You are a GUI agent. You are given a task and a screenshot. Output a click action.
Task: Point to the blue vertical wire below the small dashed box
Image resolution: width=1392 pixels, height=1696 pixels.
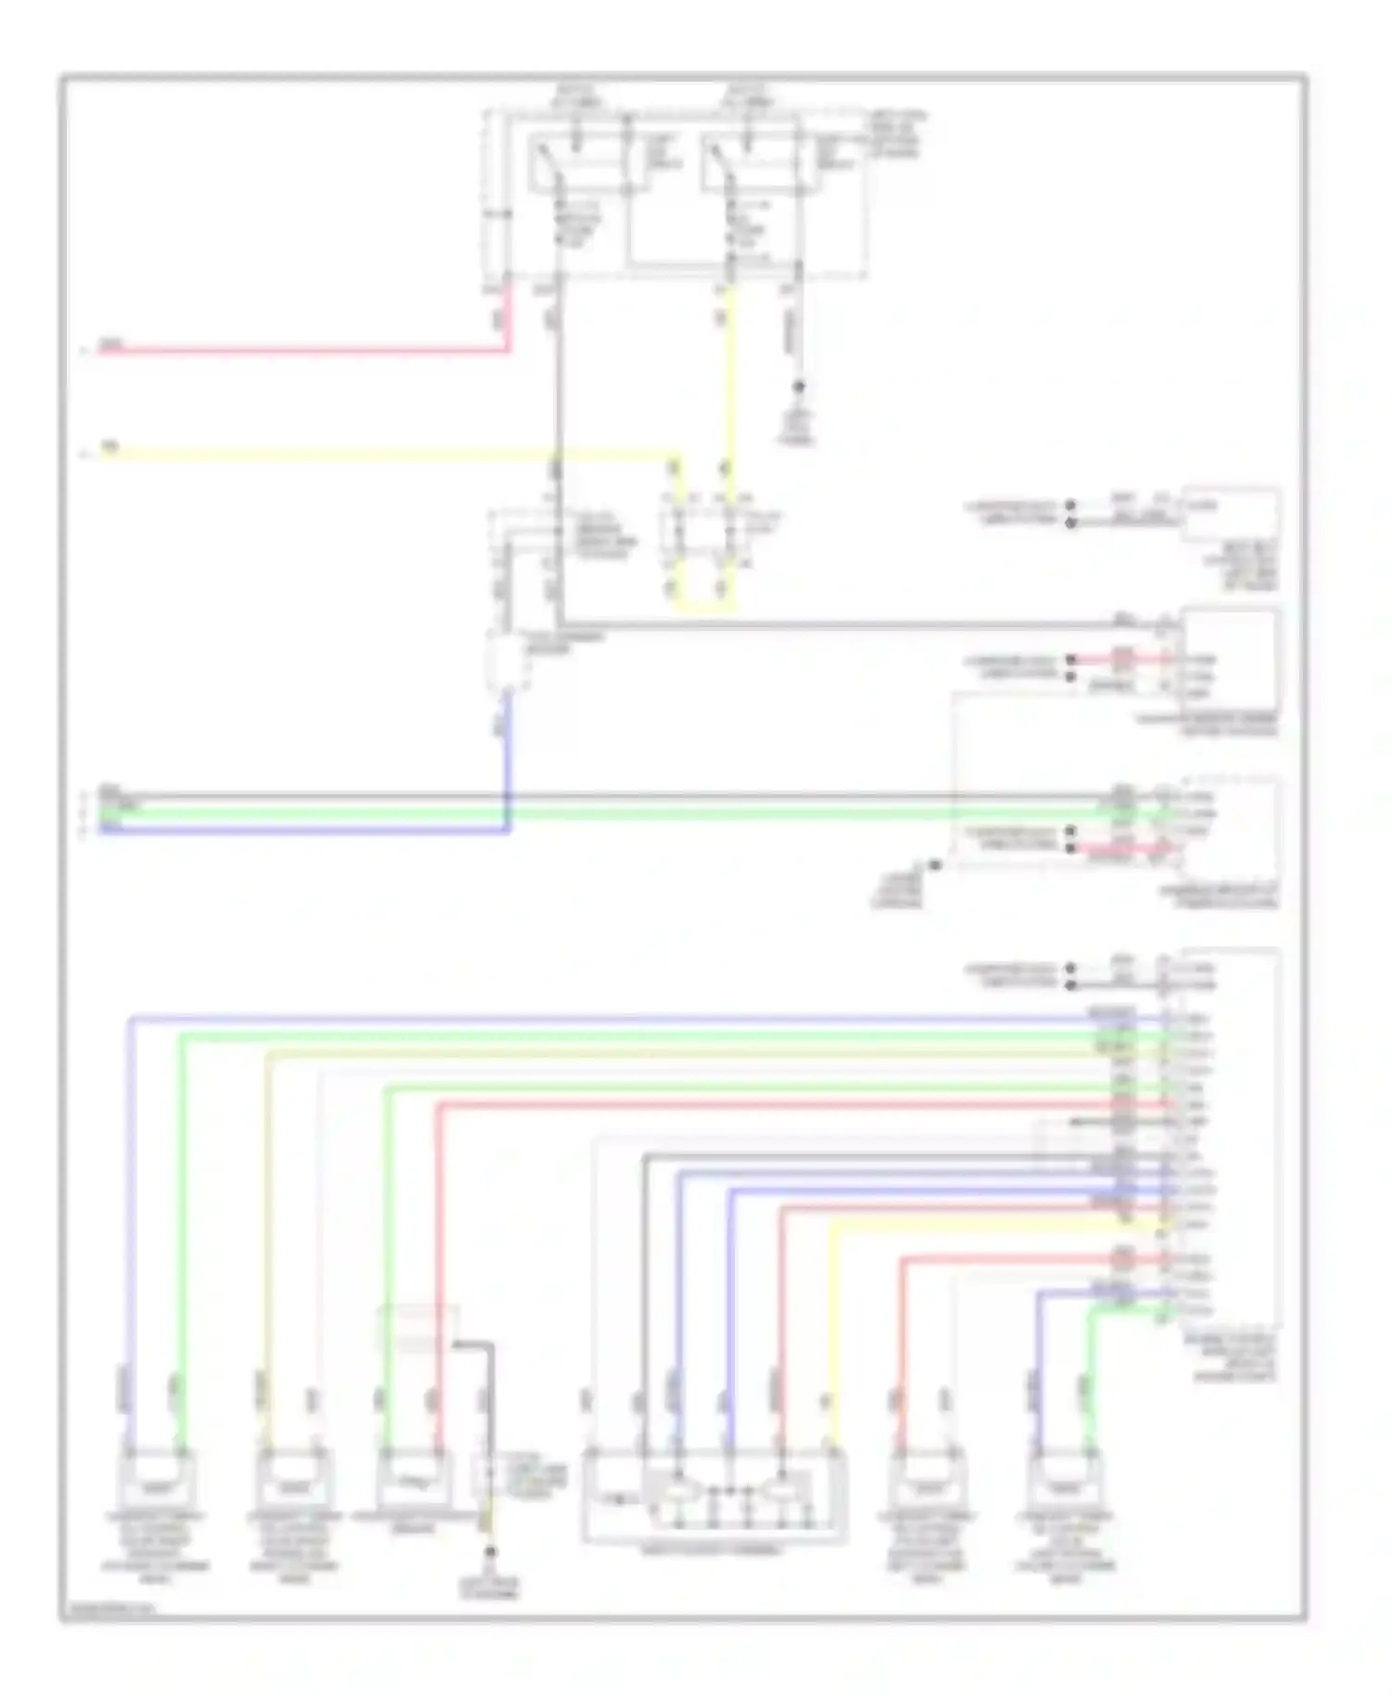point(508,761)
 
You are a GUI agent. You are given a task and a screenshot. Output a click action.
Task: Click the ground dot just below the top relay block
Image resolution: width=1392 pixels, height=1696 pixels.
point(798,386)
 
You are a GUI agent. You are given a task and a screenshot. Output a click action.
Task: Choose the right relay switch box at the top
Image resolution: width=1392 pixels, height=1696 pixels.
point(750,165)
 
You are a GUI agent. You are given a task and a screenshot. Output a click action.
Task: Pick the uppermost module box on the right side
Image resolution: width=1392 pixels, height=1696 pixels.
point(1231,513)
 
